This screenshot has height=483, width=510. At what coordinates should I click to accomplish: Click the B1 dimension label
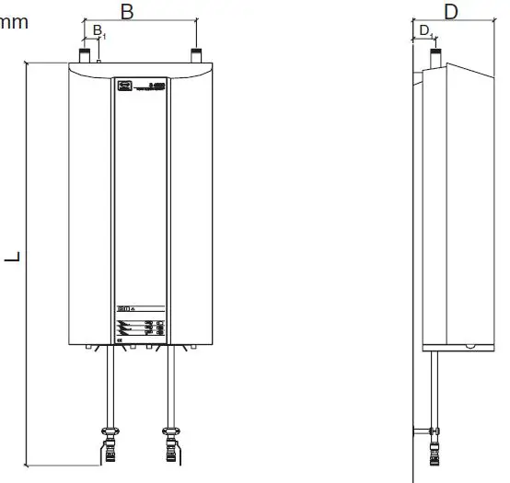click(97, 31)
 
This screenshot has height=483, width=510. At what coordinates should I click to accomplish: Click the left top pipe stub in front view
click(85, 56)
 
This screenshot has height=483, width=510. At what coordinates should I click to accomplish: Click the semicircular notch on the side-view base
click(469, 346)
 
